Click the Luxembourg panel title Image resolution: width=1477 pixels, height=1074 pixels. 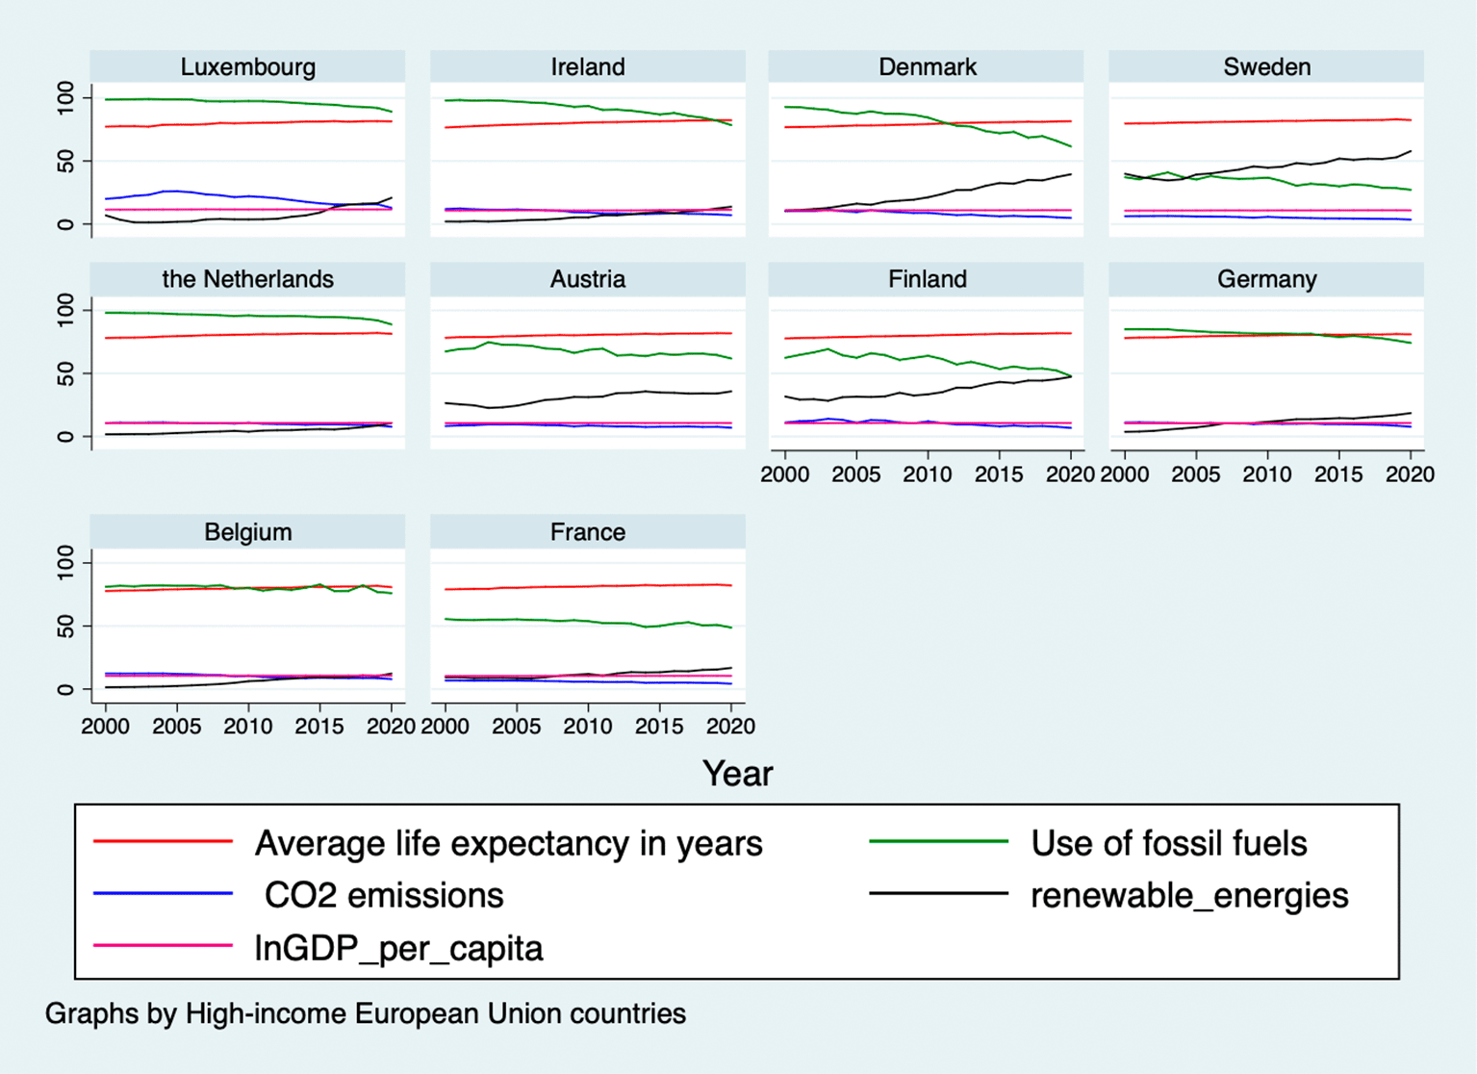(248, 67)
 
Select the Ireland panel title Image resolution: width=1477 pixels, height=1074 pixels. (588, 67)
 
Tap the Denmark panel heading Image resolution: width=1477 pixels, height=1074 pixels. (928, 67)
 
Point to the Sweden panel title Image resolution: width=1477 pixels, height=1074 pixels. (1267, 67)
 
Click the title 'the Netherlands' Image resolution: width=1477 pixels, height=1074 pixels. (248, 279)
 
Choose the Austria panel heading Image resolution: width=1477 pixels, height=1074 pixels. (588, 279)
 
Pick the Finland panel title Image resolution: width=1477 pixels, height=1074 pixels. (928, 279)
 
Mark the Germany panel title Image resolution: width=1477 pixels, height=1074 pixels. (1267, 280)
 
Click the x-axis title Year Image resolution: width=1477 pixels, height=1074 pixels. (738, 774)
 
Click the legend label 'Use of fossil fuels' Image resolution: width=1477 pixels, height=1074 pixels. (1169, 843)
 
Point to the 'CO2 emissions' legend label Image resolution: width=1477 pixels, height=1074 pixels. (385, 896)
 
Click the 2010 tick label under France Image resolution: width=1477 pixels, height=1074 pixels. (588, 727)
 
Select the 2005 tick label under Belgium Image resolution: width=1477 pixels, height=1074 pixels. (177, 727)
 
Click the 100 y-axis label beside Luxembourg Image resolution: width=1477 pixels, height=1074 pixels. (66, 98)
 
